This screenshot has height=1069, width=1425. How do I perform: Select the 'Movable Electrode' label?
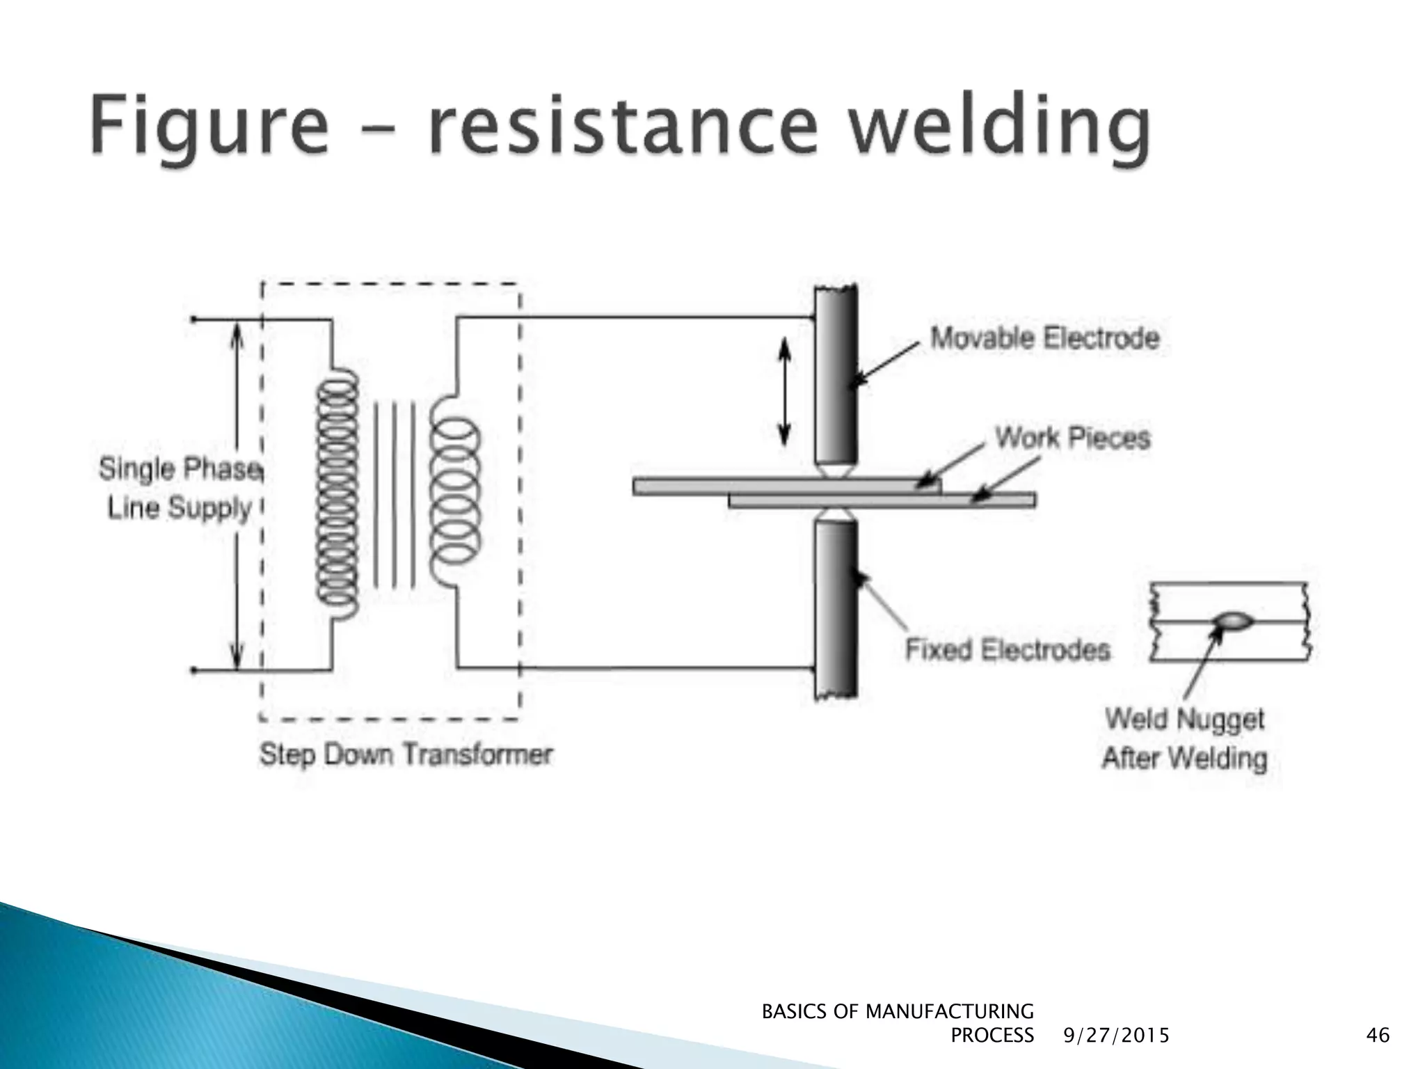coord(1044,339)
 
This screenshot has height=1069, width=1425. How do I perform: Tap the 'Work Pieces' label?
coord(1072,438)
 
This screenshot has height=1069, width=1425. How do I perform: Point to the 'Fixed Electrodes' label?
coord(1007,649)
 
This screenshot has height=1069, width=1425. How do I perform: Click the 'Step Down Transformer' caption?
coord(406,754)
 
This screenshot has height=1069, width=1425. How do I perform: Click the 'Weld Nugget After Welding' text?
coord(1184,738)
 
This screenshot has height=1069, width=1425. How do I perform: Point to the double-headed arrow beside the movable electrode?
coord(784,391)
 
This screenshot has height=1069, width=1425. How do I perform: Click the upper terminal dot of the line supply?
coord(193,319)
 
